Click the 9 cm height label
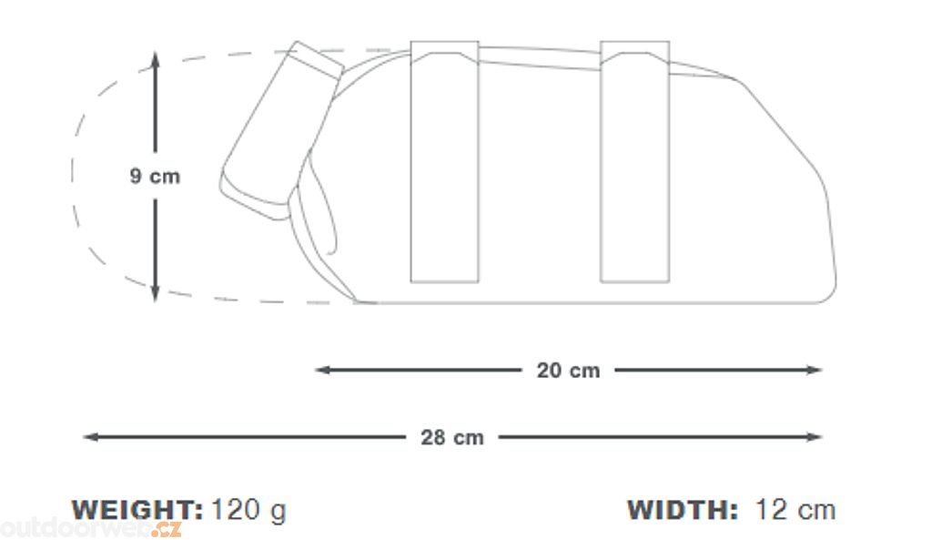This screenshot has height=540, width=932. coord(155,176)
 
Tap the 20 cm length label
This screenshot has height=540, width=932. coord(568,371)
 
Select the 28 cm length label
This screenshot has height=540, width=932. coord(451,438)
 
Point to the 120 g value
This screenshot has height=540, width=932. coord(248,511)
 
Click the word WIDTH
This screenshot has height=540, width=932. coord(683,510)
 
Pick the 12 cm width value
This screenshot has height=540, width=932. coord(795,510)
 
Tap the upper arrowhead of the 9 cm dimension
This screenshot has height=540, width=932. coord(155,58)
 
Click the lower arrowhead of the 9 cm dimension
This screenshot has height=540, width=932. coord(155,294)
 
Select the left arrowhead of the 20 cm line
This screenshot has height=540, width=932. coord(322,370)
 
